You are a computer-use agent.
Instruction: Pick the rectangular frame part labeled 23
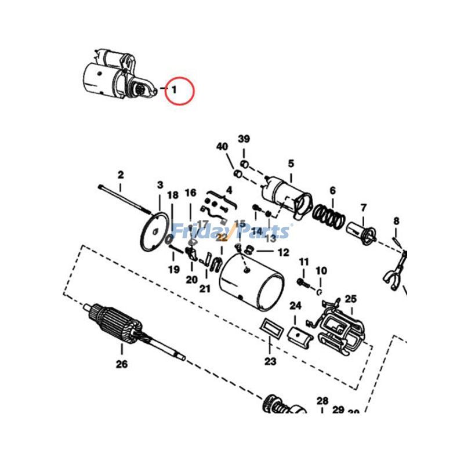pyautogui.click(x=271, y=329)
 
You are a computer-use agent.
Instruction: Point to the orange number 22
pyautogui.click(x=222, y=237)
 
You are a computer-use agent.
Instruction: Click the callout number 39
pyautogui.click(x=244, y=139)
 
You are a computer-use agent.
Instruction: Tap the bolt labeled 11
pyautogui.click(x=302, y=282)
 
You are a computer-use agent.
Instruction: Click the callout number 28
pyautogui.click(x=322, y=401)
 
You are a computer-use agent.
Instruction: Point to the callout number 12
pyautogui.click(x=282, y=253)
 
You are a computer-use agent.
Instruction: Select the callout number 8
pyautogui.click(x=396, y=220)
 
